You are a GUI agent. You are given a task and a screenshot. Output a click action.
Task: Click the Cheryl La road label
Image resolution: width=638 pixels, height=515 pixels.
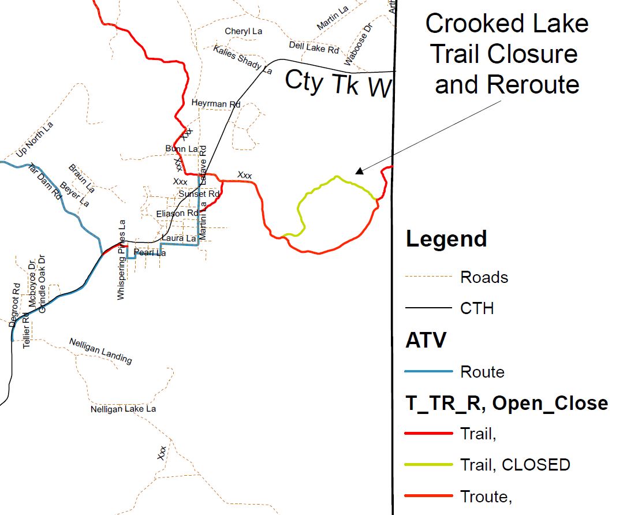click(244, 31)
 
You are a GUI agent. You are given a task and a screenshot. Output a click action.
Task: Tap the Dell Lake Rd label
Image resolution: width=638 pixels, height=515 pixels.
click(314, 47)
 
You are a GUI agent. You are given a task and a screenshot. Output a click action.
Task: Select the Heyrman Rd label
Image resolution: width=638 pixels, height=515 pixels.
click(216, 104)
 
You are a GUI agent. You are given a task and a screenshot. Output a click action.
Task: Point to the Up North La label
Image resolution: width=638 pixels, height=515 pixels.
click(35, 140)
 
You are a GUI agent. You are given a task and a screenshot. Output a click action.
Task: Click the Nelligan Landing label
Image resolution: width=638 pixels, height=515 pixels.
click(100, 350)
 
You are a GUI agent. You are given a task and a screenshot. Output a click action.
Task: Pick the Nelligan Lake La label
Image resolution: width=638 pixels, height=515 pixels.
click(123, 409)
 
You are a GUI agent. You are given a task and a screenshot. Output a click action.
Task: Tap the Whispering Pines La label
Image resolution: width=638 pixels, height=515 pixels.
click(121, 260)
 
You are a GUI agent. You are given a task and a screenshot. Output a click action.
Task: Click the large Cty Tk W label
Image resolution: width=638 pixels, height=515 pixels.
click(338, 83)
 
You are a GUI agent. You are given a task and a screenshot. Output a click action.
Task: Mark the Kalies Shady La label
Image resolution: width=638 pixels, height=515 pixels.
click(242, 59)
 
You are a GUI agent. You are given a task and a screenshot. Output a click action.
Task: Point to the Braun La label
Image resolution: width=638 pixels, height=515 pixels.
click(81, 178)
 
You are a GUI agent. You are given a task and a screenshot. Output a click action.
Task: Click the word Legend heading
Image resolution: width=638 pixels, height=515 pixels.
click(446, 238)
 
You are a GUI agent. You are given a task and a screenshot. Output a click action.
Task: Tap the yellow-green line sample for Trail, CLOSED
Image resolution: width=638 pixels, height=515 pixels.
click(428, 464)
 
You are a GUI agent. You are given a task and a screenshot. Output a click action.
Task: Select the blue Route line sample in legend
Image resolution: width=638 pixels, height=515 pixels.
click(428, 371)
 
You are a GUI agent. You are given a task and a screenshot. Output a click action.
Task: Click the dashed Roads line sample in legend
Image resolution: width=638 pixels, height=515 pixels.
click(428, 277)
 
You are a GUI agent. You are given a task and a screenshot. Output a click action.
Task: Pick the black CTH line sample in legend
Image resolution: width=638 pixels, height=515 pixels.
click(428, 308)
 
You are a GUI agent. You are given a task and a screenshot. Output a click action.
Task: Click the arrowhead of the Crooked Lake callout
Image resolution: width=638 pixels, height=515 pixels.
click(359, 171)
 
